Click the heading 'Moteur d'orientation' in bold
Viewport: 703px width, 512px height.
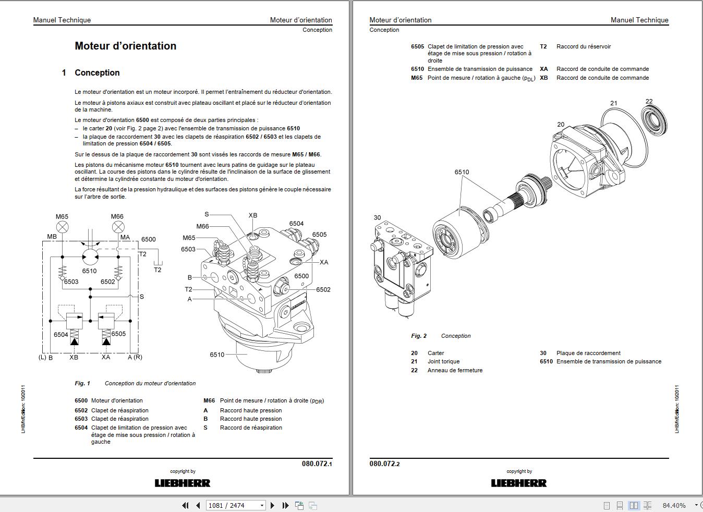pos(125,46)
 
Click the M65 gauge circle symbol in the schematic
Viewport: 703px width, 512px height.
pos(62,227)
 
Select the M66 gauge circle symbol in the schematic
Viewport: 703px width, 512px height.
pos(118,227)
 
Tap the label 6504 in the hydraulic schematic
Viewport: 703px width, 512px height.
pos(61,334)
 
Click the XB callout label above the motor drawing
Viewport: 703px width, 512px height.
pos(253,215)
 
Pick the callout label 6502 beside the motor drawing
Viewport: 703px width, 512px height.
pos(323,290)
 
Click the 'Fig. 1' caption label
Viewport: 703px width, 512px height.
pos(82,383)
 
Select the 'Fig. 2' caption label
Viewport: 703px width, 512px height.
pos(419,336)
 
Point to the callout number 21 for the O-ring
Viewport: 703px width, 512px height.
pos(614,103)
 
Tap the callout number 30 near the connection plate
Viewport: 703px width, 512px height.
pos(377,218)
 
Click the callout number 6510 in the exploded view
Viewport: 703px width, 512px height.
pos(462,172)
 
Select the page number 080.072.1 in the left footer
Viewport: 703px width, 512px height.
pos(317,464)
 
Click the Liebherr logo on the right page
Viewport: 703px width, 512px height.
pos(519,483)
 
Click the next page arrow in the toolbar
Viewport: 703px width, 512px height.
pos(272,505)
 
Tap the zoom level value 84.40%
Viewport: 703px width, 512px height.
pos(674,505)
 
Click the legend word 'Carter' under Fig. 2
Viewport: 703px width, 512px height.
pos(435,353)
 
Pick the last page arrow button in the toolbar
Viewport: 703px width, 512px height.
pos(285,505)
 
